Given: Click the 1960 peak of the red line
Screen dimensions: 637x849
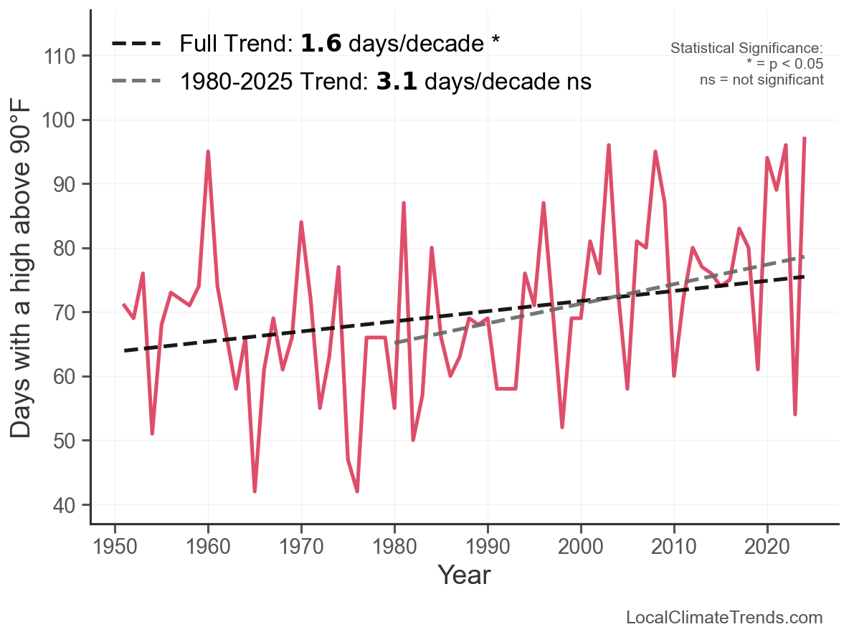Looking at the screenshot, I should [208, 152].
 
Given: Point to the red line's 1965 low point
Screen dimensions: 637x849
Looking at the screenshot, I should [255, 491].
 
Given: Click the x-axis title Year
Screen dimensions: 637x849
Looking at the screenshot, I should [464, 575].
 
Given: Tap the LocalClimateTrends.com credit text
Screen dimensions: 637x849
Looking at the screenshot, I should [724, 617].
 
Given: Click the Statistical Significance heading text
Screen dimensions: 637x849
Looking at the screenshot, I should [746, 48].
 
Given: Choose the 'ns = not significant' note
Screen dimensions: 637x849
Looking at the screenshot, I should [762, 80].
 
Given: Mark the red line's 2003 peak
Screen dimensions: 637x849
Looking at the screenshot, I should [609, 145].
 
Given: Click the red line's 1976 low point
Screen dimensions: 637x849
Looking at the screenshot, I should [357, 491].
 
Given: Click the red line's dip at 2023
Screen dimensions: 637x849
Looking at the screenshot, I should [795, 414].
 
